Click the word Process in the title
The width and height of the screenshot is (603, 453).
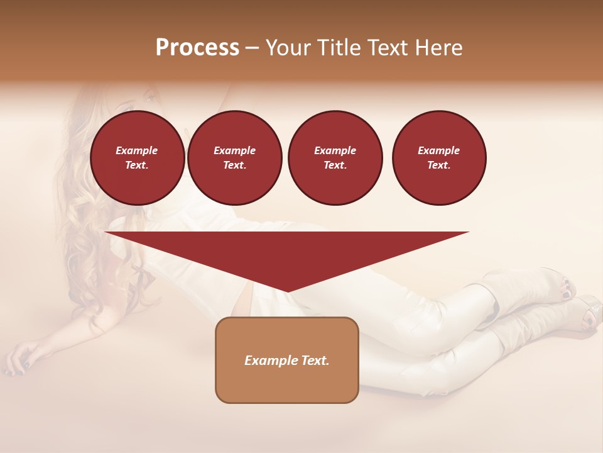(197, 48)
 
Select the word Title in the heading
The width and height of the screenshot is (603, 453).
(340, 48)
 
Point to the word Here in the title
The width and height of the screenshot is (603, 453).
(438, 48)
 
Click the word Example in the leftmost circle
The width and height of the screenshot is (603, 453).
(137, 150)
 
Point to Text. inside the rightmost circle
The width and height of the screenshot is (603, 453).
(439, 165)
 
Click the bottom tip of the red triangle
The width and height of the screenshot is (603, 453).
(287, 291)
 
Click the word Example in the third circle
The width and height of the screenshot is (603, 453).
(335, 150)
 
